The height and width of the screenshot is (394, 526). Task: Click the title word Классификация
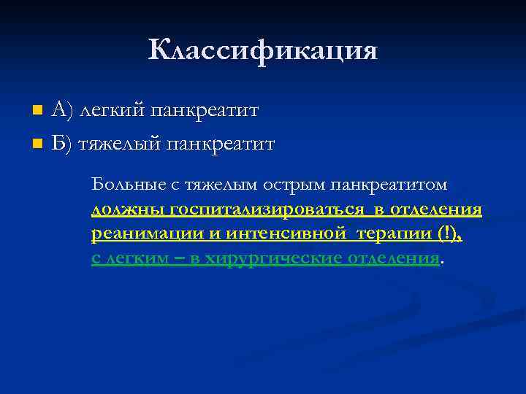(x=263, y=50)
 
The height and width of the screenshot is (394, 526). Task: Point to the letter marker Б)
(x=63, y=143)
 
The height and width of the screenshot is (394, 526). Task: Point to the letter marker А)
(x=63, y=111)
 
